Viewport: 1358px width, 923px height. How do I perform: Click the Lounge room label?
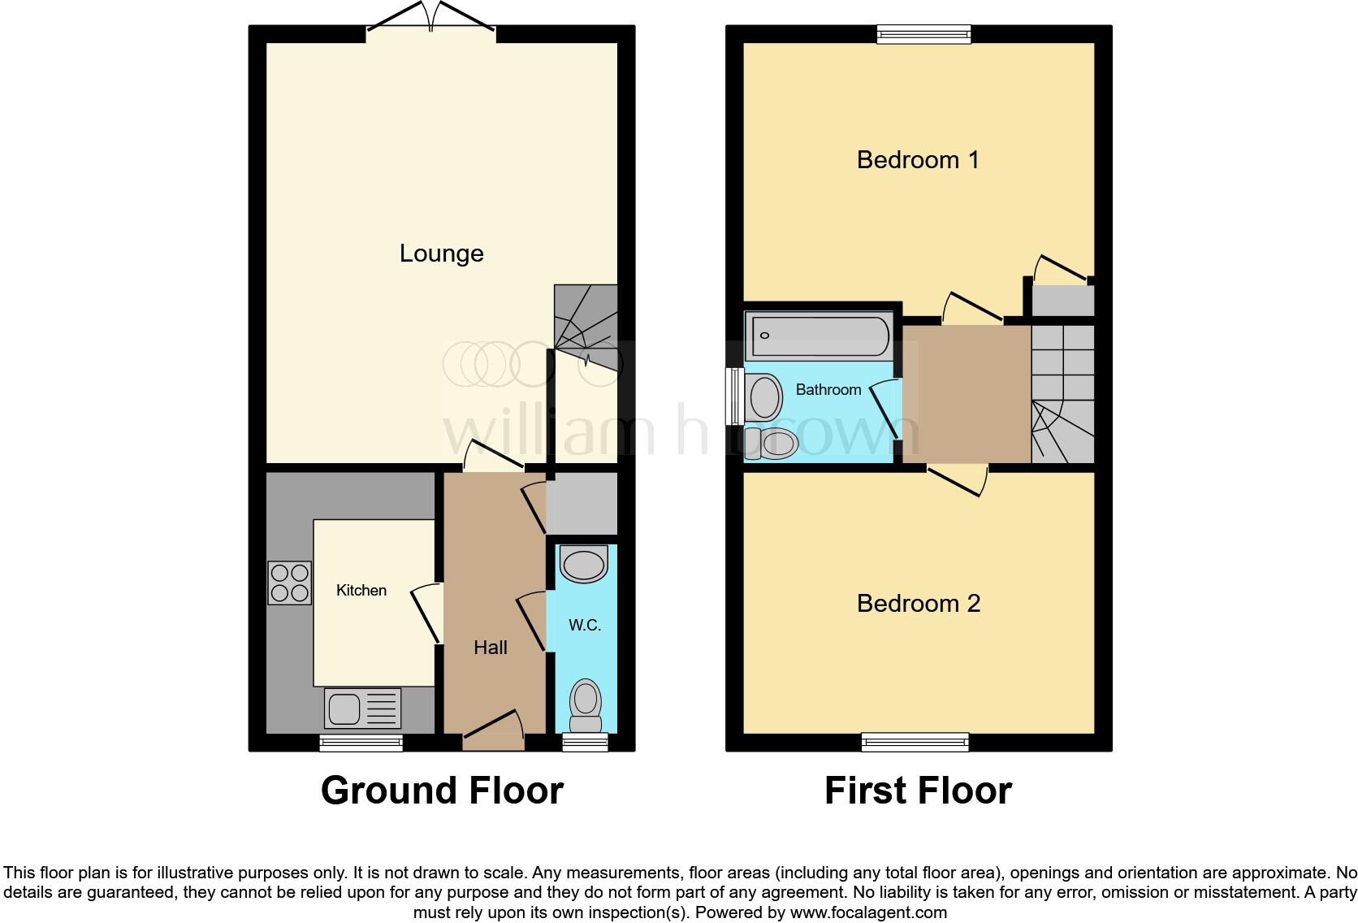click(441, 253)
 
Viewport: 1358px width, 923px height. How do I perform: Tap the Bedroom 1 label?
click(918, 159)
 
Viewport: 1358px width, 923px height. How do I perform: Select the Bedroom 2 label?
click(918, 603)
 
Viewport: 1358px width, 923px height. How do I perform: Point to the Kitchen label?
click(361, 590)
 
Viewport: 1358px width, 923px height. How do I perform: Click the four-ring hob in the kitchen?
click(290, 583)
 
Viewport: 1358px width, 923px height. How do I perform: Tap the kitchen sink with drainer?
click(363, 708)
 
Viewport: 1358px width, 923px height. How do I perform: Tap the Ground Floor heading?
click(442, 791)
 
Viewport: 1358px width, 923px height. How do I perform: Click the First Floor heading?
click(918, 791)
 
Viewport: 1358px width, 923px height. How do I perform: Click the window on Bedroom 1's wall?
click(924, 33)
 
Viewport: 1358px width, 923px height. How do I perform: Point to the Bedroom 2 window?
click(915, 741)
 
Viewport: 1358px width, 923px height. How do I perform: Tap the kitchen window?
click(361, 742)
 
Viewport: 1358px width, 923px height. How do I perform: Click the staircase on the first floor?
click(1062, 396)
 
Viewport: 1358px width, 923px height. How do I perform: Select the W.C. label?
click(585, 625)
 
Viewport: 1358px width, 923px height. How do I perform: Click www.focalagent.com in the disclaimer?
click(867, 912)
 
